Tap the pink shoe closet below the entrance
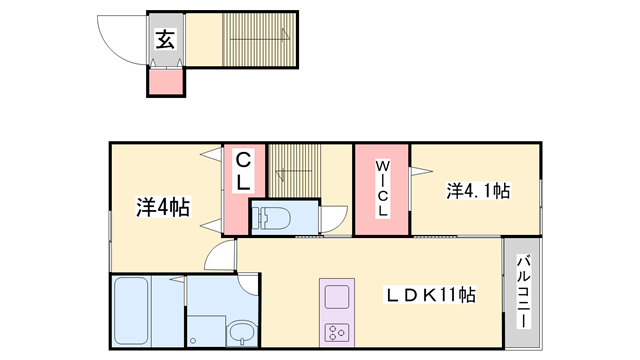point(167,82)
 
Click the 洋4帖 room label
point(163,208)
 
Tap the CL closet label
point(244,172)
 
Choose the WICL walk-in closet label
point(381,187)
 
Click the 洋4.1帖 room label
point(477,190)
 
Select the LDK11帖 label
point(431,297)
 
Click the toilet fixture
point(271,217)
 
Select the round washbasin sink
point(240,332)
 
